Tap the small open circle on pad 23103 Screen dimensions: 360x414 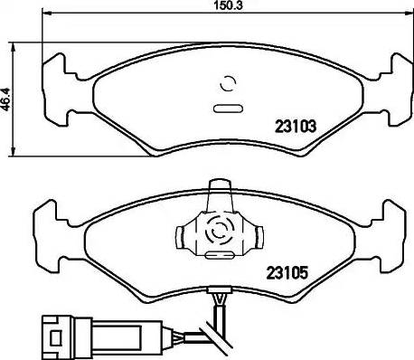[228, 86]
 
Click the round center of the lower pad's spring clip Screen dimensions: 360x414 [217, 232]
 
